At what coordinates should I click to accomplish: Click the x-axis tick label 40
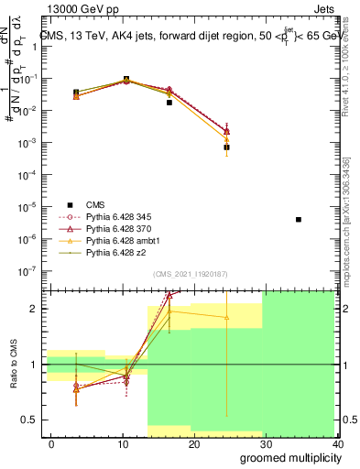coord(338,444)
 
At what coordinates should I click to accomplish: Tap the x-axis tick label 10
coord(123,444)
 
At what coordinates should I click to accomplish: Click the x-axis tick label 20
coord(194,444)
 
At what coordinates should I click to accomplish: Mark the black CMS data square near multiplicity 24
coord(226,147)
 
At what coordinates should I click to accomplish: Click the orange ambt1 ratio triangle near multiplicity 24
coord(226,317)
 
